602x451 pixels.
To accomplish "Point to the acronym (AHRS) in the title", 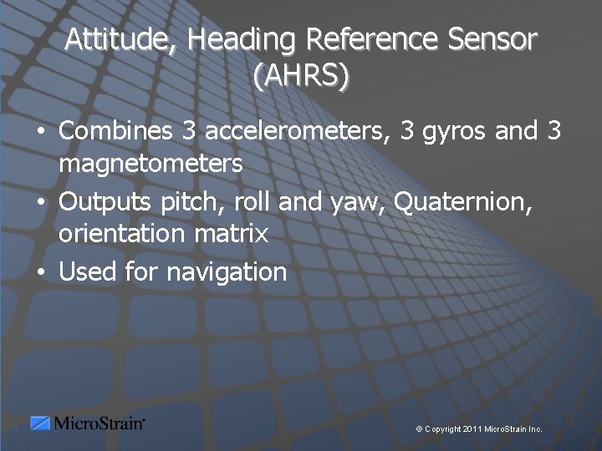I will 301,77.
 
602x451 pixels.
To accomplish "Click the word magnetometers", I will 150,165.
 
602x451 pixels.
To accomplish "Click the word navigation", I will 227,272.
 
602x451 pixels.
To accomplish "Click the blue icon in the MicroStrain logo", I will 40,423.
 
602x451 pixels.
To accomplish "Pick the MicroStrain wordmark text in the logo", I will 99,423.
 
